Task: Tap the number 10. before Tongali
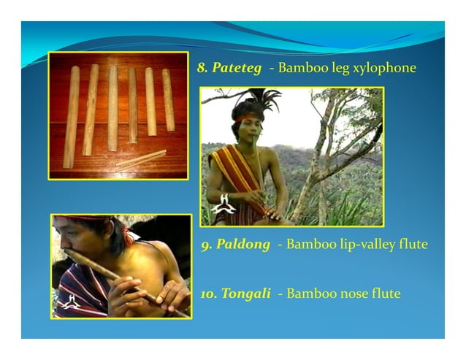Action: [x=209, y=294]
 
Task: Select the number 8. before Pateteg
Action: [x=202, y=68]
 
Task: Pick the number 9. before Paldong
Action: [x=207, y=244]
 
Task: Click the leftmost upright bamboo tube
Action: [x=72, y=117]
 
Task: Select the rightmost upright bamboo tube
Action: [x=168, y=99]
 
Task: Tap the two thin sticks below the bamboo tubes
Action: [x=140, y=160]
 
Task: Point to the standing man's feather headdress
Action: [x=256, y=98]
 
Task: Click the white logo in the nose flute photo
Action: [x=70, y=301]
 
